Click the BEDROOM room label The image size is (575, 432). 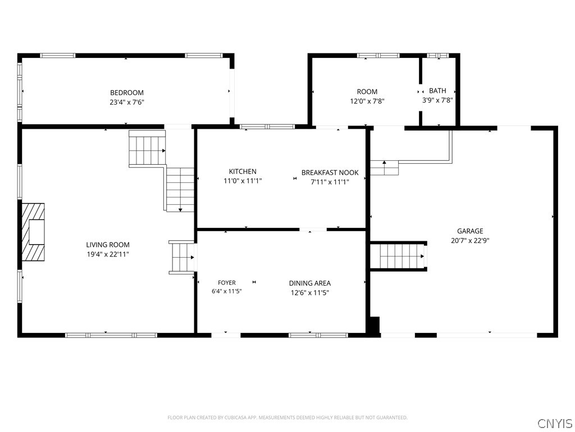click(x=127, y=93)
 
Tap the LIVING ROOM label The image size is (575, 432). click(x=108, y=245)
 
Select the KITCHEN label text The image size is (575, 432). click(x=243, y=171)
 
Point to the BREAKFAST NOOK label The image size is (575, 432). click(x=330, y=172)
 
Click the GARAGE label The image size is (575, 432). click(x=470, y=231)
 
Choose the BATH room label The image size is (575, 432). click(x=438, y=91)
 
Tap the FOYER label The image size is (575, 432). click(x=227, y=282)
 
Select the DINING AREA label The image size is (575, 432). click(x=310, y=283)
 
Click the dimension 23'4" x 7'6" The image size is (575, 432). click(x=127, y=102)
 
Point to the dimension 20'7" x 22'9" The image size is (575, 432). click(x=470, y=241)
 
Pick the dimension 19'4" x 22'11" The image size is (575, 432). click(x=108, y=254)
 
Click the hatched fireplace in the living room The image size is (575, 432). click(x=33, y=232)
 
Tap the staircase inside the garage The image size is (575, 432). click(x=399, y=256)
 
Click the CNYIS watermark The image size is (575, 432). click(x=555, y=423)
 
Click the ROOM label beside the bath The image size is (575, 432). click(x=367, y=92)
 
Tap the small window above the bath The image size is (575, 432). click(x=438, y=56)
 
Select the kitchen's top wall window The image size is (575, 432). click(x=267, y=127)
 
